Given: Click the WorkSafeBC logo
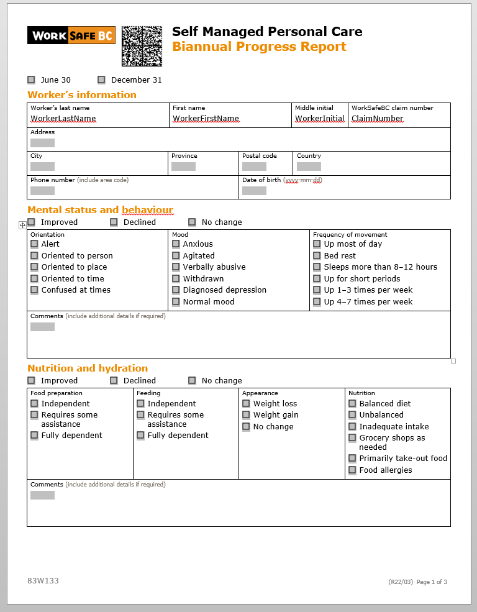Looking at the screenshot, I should [x=71, y=35].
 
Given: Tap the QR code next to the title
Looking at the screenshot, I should [x=142, y=46].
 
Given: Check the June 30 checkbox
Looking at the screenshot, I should [x=32, y=80].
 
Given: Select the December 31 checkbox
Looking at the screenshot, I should [x=102, y=80].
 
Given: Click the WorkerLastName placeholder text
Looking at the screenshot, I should [x=63, y=119].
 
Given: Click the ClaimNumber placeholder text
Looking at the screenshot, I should [x=377, y=119].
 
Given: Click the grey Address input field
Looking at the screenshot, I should [x=42, y=143].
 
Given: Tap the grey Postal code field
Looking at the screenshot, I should [x=254, y=167].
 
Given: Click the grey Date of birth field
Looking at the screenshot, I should [x=254, y=191].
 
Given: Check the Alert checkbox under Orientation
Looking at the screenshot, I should [x=35, y=244].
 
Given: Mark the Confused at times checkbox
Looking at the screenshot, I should [x=35, y=290].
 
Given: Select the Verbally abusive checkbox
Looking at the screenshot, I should [x=176, y=267].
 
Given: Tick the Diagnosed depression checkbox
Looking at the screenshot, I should [x=176, y=290].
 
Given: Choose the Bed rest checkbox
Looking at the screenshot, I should [x=317, y=256].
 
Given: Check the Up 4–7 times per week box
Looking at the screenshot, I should [x=317, y=302].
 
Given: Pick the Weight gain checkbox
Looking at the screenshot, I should [x=247, y=415].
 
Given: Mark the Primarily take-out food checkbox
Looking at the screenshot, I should [x=353, y=459].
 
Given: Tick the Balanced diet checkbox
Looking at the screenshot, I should [x=353, y=404].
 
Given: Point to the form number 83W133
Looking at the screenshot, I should [x=43, y=581].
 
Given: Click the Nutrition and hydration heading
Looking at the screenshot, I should [x=88, y=368].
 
